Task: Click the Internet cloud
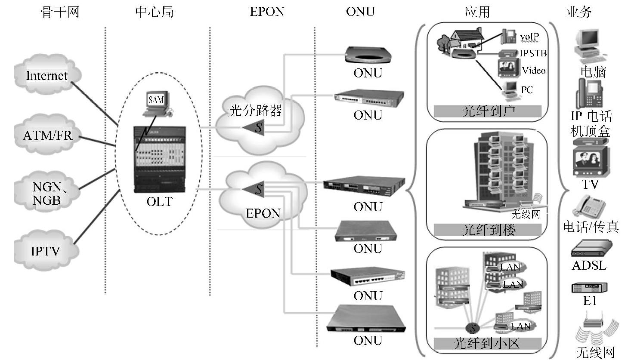point(47,76)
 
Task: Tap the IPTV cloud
point(46,250)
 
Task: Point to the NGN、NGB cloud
point(47,193)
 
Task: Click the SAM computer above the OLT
point(156,103)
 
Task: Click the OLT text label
point(159,201)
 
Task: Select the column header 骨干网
point(60,12)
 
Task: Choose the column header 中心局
point(155,12)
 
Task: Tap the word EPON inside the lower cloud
point(263,213)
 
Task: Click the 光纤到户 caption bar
point(487,111)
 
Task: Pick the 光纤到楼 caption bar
point(487,230)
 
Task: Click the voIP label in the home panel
point(529,37)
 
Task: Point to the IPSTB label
point(533,53)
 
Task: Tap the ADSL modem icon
point(591,248)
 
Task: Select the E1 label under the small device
point(589,301)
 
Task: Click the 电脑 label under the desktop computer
point(593,71)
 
